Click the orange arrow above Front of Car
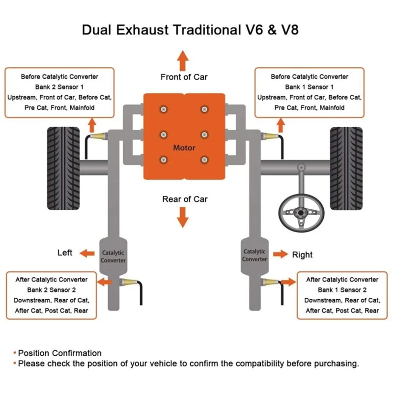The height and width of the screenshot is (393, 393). coord(183,61)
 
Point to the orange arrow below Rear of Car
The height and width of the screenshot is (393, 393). coord(183,217)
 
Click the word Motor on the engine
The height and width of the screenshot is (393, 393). coord(184,148)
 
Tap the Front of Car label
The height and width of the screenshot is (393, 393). coord(184,77)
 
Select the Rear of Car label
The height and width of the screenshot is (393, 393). coord(185,199)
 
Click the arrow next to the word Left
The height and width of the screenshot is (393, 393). coord(87,253)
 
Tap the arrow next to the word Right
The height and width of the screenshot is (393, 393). coord(281,254)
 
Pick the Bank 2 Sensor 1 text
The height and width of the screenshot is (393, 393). coord(59,87)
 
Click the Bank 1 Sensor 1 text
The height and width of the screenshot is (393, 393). coord(309,87)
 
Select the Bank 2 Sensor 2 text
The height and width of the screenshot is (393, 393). coord(52,290)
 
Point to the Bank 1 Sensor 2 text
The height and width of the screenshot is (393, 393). coord(342,290)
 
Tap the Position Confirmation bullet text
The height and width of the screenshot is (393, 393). coord(60,353)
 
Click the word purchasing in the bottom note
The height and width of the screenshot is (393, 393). coord(334,364)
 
